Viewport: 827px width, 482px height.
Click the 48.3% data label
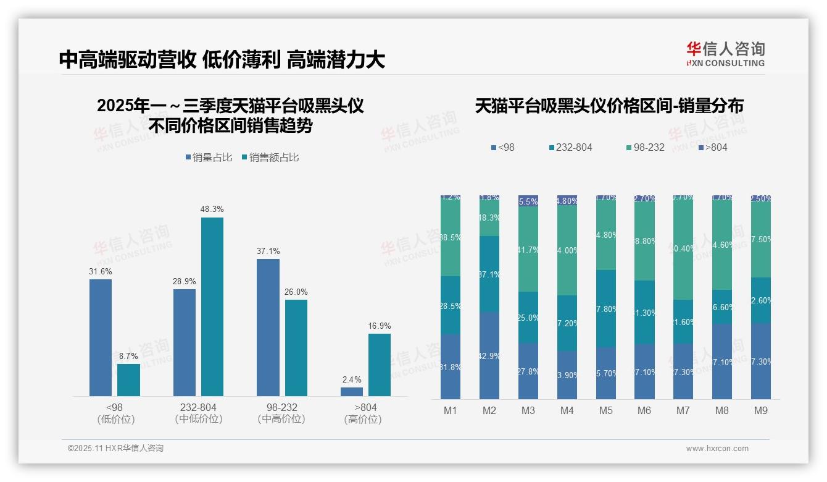[x=212, y=209]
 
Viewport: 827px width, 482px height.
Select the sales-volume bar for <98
[x=101, y=337]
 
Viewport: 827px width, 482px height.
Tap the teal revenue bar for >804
[x=380, y=365]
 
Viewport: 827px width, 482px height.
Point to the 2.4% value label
[x=351, y=379]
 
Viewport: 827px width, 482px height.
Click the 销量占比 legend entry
[x=209, y=158]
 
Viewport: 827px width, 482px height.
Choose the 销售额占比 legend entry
[x=270, y=158]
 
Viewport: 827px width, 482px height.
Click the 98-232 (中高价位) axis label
[x=281, y=413]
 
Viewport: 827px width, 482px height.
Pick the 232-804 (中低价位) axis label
[x=198, y=413]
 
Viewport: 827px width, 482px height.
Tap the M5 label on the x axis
[x=605, y=410]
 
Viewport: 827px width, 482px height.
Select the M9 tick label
[x=760, y=410]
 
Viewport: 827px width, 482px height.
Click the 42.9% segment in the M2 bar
[x=489, y=355]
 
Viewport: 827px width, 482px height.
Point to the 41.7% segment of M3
[x=528, y=250]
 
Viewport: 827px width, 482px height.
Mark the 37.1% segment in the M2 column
[x=489, y=274]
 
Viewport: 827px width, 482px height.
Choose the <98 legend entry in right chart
[x=502, y=147]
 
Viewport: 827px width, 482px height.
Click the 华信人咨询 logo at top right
[x=725, y=54]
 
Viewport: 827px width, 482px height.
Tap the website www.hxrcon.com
[x=717, y=449]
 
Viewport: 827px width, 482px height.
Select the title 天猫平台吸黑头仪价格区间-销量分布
[x=609, y=106]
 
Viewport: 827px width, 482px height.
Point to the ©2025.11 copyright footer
[x=115, y=449]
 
